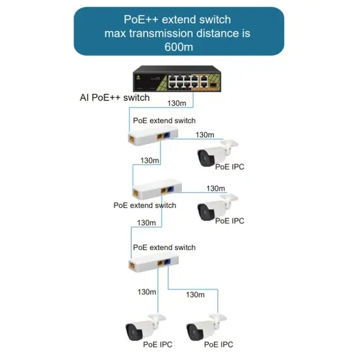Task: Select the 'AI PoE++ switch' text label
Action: (114, 97)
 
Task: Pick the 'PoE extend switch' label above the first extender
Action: (164, 121)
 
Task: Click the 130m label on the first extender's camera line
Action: (205, 135)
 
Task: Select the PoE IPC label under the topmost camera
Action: (229, 167)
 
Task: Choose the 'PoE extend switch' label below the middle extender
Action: (145, 205)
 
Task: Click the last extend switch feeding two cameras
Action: (152, 263)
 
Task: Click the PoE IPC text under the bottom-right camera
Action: (219, 344)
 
